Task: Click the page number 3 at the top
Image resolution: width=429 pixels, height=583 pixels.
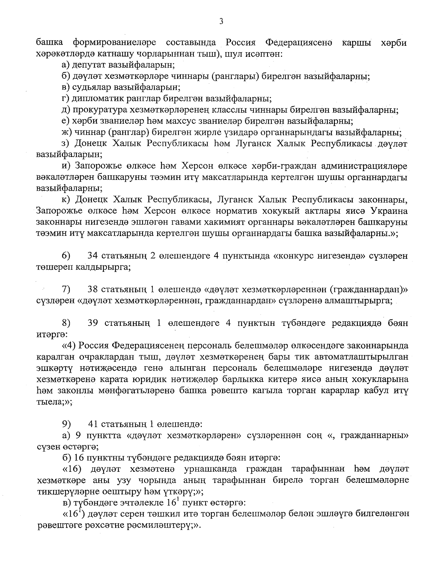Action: tap(221, 21)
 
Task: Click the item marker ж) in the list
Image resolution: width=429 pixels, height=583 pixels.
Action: tap(66, 132)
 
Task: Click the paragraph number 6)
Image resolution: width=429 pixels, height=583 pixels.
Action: tap(66, 256)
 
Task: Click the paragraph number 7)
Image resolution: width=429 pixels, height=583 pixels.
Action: tap(66, 289)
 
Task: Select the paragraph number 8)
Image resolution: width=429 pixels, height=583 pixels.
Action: tap(66, 323)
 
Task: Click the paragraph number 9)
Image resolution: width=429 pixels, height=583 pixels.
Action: tap(66, 424)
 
